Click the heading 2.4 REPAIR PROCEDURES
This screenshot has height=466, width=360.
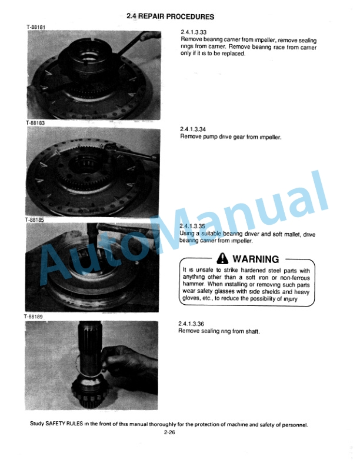point(170,16)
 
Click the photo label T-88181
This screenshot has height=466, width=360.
point(36,26)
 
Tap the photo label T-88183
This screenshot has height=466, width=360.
point(36,123)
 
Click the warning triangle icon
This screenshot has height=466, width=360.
point(224,258)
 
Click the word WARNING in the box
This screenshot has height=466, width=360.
point(256,259)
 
